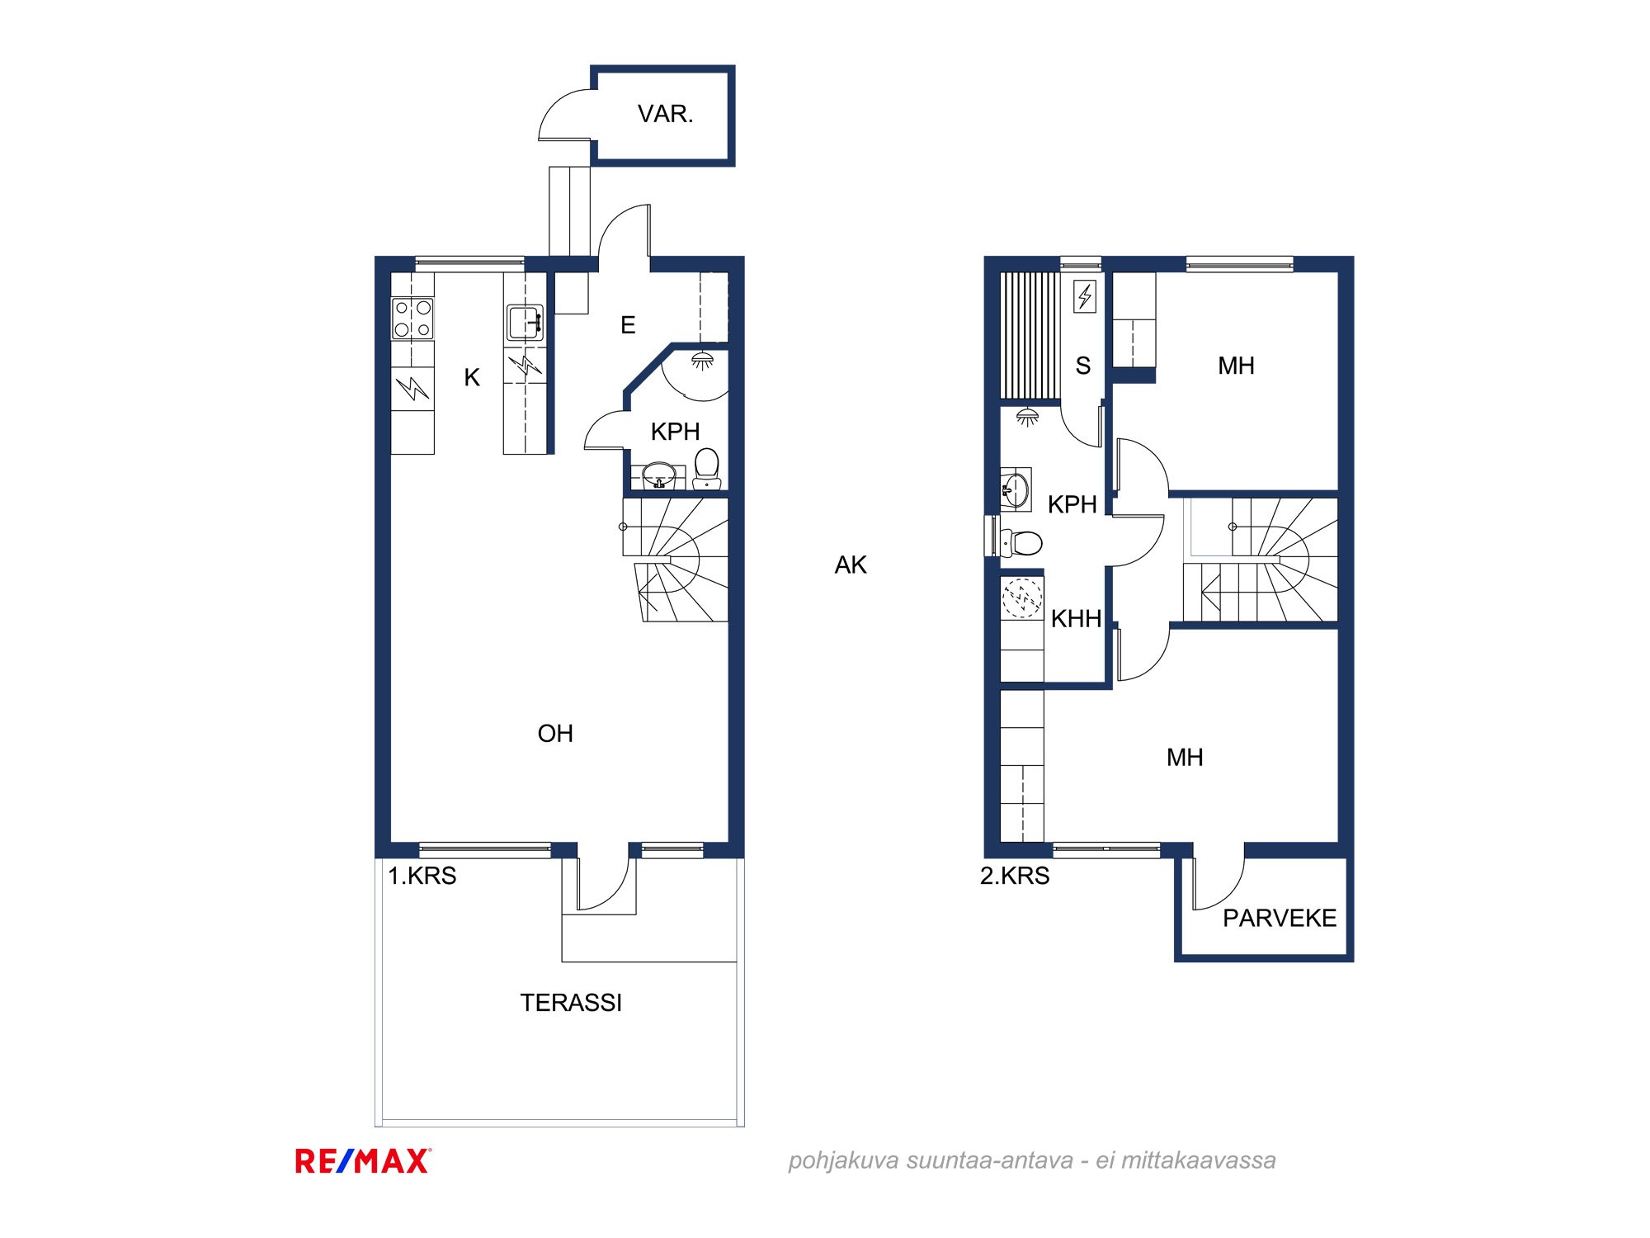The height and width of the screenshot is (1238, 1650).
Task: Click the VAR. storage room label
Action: [665, 114]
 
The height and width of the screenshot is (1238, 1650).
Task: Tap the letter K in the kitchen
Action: [472, 377]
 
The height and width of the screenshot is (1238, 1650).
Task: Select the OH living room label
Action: [555, 734]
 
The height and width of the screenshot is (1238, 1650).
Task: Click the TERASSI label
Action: [571, 1003]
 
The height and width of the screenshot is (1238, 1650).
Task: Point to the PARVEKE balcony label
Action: [1280, 918]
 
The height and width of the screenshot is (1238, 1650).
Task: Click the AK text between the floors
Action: [851, 565]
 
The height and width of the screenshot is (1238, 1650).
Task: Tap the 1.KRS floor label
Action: [422, 876]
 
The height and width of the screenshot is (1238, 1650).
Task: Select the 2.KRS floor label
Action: [1015, 876]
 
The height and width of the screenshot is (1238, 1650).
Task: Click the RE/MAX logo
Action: [363, 1161]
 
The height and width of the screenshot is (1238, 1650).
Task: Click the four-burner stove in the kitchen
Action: [412, 319]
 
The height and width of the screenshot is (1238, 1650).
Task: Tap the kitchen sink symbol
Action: [525, 322]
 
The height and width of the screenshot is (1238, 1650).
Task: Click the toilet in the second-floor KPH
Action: [1021, 542]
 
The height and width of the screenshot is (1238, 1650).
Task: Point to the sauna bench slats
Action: [1030, 336]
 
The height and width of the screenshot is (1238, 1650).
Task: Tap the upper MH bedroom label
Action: [1236, 366]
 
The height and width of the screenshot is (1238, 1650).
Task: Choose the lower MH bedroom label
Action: [1185, 758]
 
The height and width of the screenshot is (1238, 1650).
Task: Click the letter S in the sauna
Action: [1083, 366]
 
